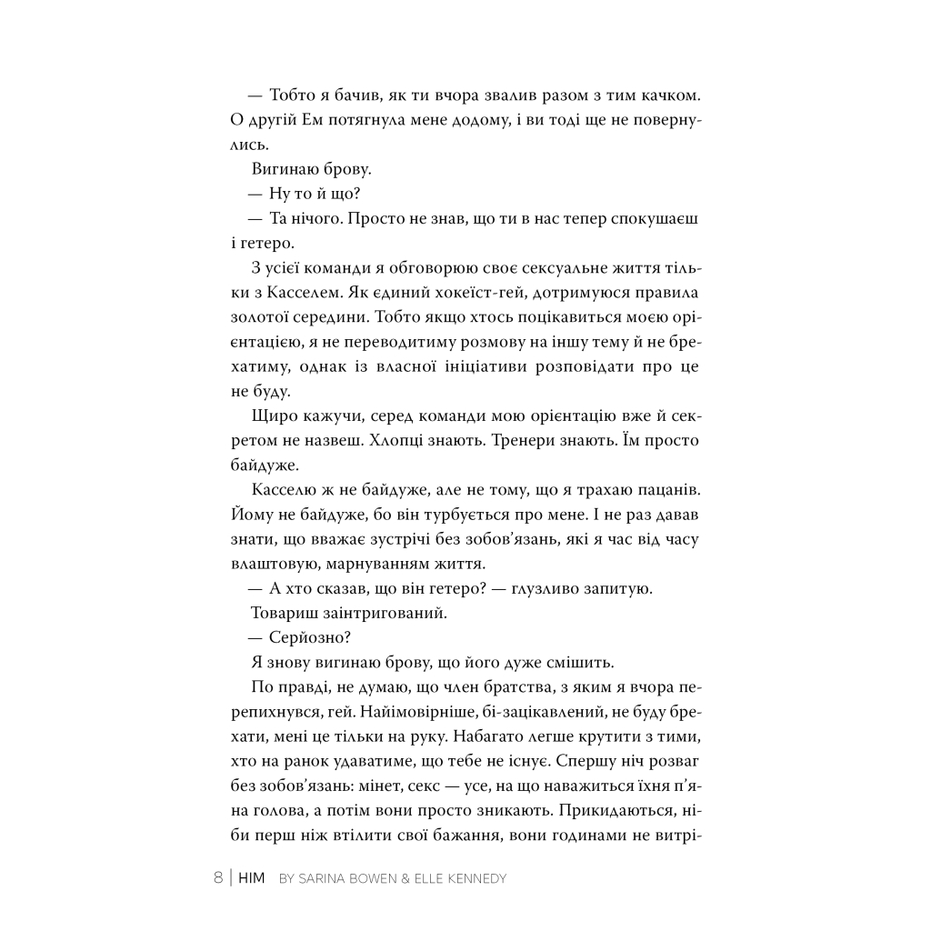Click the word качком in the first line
(666, 95)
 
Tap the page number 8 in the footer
(218, 878)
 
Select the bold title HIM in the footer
(251, 878)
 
